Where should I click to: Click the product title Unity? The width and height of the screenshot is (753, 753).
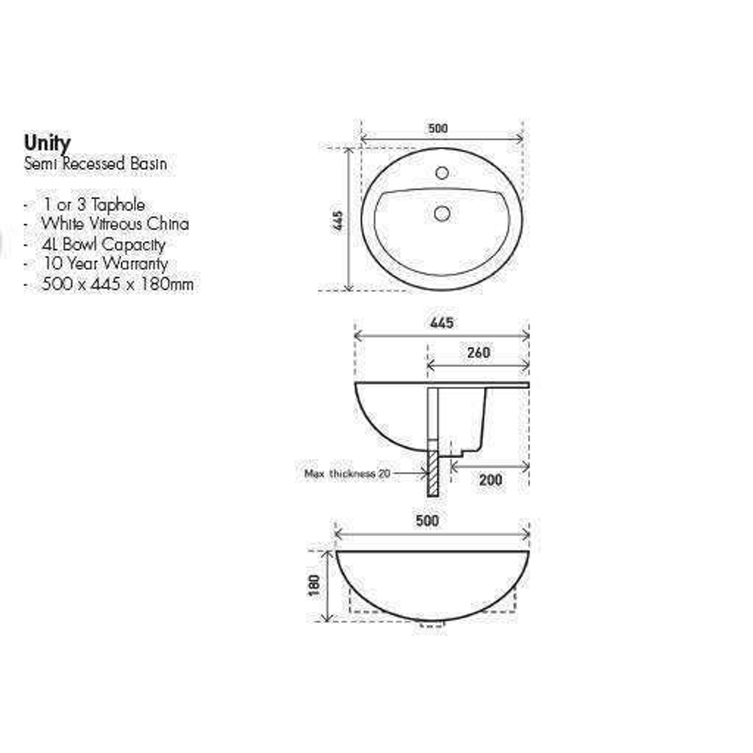coord(47,143)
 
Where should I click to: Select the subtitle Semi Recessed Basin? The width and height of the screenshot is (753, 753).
coord(96,165)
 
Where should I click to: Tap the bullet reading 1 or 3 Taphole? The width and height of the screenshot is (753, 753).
coord(93,205)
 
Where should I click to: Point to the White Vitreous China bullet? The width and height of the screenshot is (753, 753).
coord(114,224)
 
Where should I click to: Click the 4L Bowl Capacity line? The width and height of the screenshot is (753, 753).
coord(103,244)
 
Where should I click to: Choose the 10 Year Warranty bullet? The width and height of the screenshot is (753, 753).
coord(105,264)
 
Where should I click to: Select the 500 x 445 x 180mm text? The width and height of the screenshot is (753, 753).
coord(117,284)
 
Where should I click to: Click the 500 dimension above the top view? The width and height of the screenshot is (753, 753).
coord(438,128)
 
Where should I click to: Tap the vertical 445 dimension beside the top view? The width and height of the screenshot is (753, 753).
coord(338,221)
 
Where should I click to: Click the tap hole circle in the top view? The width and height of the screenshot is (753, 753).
coord(441,172)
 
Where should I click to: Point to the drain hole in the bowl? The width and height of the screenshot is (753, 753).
coord(441,213)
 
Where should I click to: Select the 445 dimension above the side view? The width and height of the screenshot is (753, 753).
coord(441,323)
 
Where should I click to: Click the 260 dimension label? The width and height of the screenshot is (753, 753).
coord(478,353)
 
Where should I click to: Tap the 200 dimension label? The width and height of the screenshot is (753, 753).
coord(490,480)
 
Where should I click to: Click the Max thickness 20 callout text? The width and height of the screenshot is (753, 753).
coord(347,473)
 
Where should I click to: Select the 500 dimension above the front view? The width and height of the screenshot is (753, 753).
coord(427,521)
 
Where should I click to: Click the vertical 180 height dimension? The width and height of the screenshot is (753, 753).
coord(314,585)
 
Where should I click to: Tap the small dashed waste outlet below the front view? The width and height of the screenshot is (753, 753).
coord(432,624)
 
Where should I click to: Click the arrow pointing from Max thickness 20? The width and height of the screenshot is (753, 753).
coord(410,473)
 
